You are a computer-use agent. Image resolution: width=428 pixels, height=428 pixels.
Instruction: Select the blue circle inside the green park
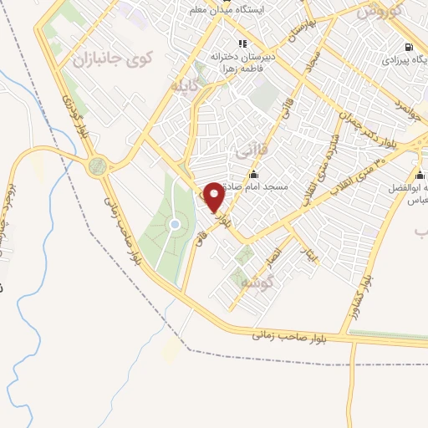[175, 224]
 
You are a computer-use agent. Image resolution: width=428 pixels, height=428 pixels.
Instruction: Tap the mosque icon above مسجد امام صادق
[253, 174]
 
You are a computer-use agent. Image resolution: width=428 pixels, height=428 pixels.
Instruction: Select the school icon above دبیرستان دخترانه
[242, 43]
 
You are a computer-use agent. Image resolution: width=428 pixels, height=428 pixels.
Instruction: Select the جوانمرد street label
[405, 111]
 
